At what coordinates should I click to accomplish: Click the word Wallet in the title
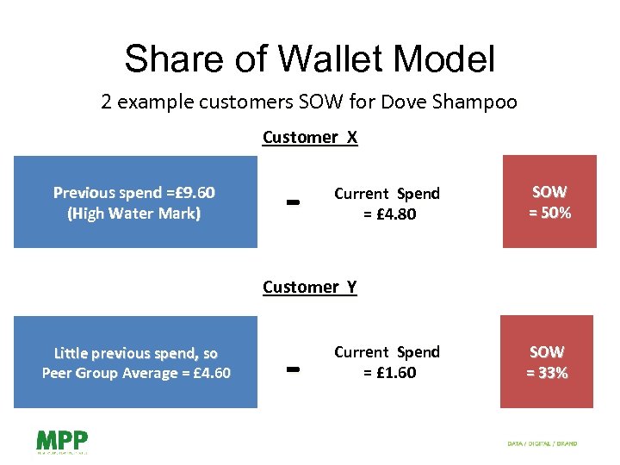coord(332,59)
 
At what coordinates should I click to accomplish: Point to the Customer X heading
coord(309,137)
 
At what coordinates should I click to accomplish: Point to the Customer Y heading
coord(309,287)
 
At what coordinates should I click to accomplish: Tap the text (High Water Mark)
coord(133,213)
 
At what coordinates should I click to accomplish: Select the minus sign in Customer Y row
coord(292,369)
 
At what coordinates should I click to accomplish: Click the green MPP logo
coord(62,441)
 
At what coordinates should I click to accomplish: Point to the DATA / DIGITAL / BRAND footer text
coord(542,443)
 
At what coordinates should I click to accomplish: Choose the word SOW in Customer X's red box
coord(549,192)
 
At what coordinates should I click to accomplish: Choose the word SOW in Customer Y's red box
coord(547,351)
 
